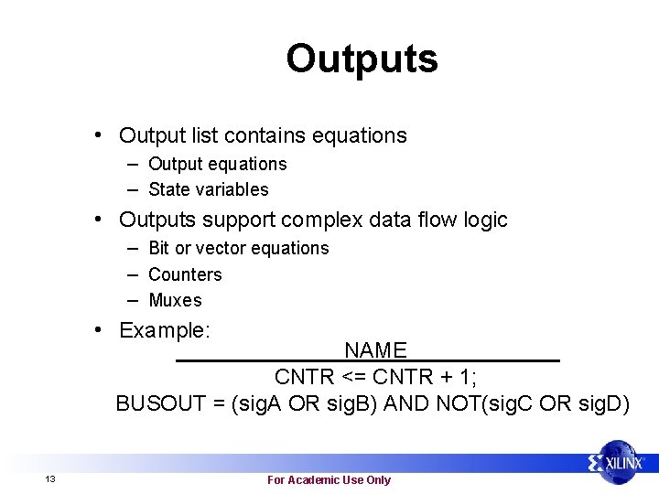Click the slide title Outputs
click(x=362, y=59)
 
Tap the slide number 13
click(x=50, y=480)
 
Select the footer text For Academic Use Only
click(x=329, y=480)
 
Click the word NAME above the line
click(x=375, y=350)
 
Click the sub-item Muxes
click(x=175, y=300)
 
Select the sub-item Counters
click(x=185, y=274)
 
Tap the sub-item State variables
click(x=209, y=189)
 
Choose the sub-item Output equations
click(x=217, y=164)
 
